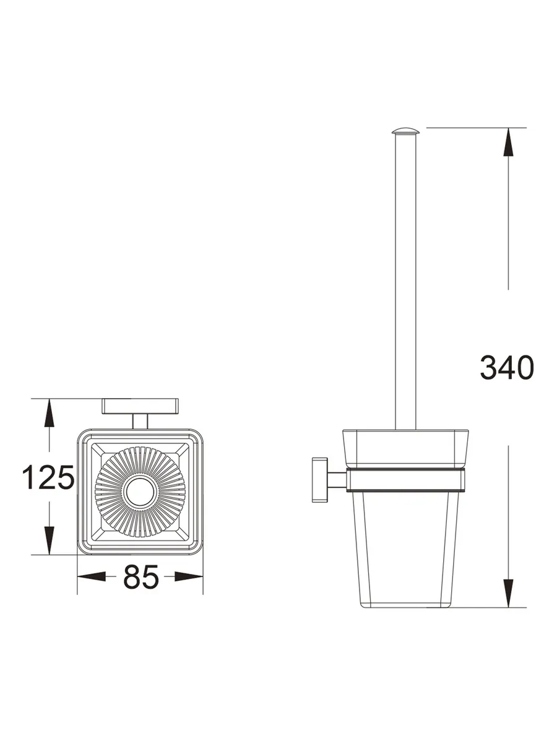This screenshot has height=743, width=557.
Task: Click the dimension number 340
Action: coord(507,367)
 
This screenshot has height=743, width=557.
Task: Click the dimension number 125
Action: coord(48,477)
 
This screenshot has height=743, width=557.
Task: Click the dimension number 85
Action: coord(140,576)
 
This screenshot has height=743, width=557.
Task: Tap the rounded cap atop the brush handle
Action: coord(405,131)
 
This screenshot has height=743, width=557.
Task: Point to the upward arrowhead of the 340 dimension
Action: coord(508,142)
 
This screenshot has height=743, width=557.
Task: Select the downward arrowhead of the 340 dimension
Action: coord(508,593)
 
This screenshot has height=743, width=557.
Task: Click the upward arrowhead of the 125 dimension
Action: coord(50,412)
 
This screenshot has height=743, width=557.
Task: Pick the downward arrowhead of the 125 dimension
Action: coord(50,541)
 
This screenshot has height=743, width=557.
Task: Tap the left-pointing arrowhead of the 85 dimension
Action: coord(92,576)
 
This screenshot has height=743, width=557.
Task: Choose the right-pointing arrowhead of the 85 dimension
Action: coord(189,576)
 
